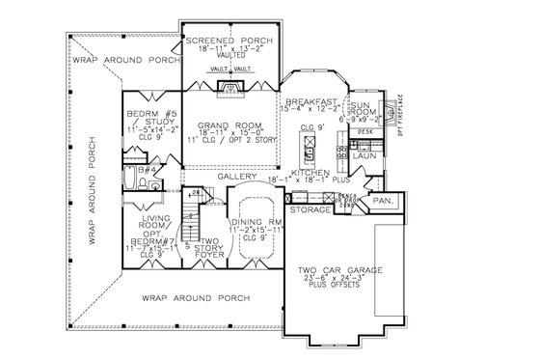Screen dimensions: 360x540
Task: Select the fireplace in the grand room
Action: click(229, 91)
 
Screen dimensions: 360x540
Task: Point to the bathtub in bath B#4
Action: click(132, 179)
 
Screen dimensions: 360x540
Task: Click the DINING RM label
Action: click(256, 224)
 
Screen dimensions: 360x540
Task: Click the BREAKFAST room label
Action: click(311, 101)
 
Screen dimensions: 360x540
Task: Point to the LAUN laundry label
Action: click(365, 154)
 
